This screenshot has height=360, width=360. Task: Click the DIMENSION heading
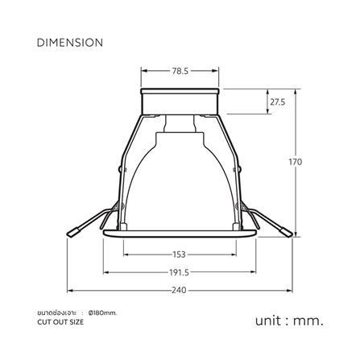coord(68,41)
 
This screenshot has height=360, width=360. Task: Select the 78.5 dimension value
coord(180,71)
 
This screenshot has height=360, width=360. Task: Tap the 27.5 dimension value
coord(277,103)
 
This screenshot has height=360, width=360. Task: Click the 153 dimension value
coord(180,254)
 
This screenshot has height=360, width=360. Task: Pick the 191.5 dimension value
coord(180,272)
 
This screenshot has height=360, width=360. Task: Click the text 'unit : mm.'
coord(289,320)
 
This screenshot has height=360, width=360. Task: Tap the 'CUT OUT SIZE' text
coord(60,321)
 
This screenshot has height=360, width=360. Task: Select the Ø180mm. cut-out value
coord(103,312)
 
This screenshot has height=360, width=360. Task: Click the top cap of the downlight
coord(180,101)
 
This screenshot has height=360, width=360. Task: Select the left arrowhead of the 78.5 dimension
coord(144,71)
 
